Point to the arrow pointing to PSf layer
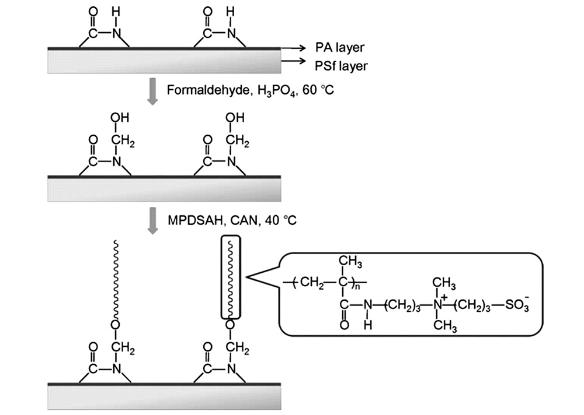tap(291, 61)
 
